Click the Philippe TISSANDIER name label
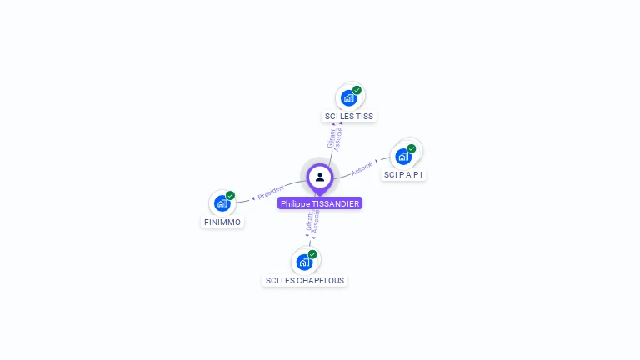point(320,203)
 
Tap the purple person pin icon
point(320,177)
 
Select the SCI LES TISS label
point(349,117)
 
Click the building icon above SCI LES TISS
point(348,97)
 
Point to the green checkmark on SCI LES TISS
point(357,90)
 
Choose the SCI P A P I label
point(404,175)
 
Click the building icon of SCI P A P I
point(403,156)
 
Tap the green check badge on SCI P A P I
point(412,148)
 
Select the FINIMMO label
point(222,222)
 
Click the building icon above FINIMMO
point(222,202)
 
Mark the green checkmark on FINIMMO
point(230,196)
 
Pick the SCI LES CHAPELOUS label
point(305,281)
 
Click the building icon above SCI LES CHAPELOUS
point(304,262)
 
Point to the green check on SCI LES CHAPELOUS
point(312,254)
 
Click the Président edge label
point(271,192)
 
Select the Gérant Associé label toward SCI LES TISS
point(335,137)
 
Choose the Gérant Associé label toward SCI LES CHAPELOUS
point(312,220)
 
